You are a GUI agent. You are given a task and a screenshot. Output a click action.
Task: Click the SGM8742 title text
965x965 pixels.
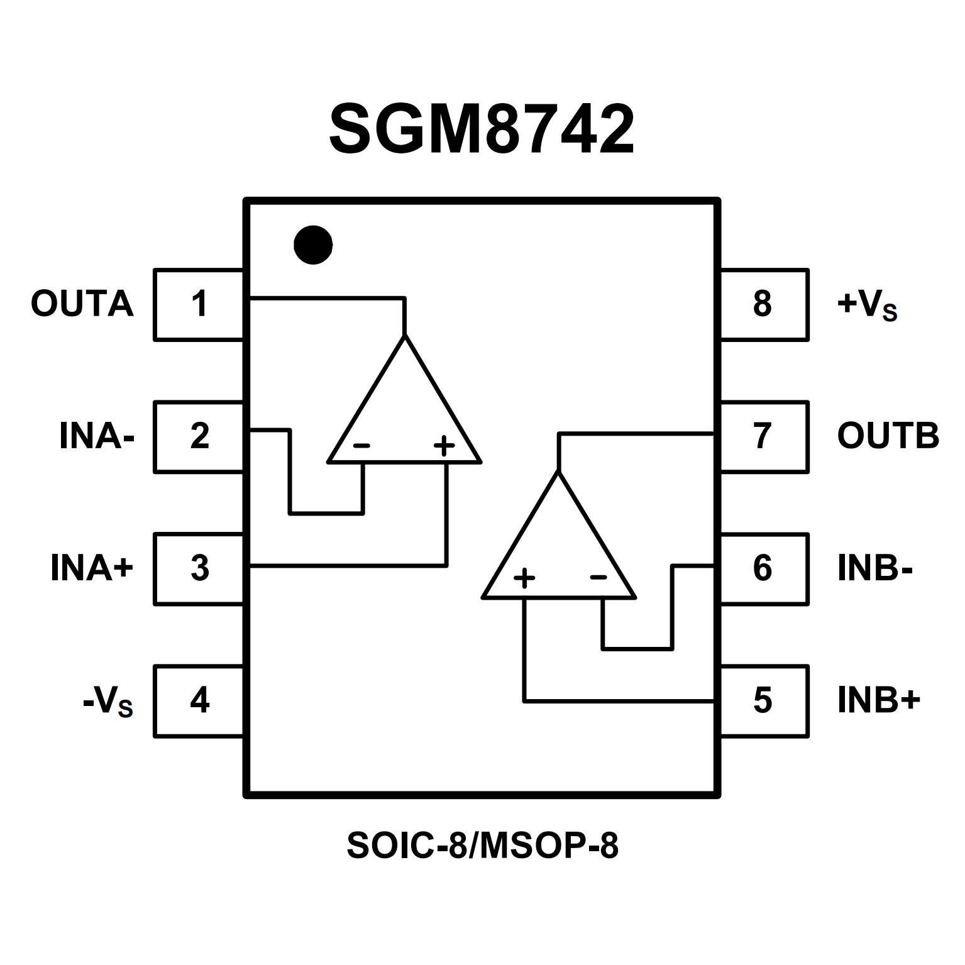pos(482,130)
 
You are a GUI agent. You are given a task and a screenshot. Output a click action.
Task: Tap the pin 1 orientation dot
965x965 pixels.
pos(313,245)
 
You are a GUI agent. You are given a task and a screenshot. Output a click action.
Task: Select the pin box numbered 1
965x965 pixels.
pos(199,305)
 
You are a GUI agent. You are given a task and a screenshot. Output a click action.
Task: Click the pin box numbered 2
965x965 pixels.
pos(199,436)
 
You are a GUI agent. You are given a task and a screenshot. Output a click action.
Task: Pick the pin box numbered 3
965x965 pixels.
pos(199,569)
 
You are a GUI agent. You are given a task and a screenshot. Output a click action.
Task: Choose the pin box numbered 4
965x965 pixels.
pos(199,700)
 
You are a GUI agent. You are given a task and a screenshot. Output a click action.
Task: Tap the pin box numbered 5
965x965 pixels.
pos(763,700)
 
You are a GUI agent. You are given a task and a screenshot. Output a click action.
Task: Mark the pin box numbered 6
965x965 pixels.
pos(763,569)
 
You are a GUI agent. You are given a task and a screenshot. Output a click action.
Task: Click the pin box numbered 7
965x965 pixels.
pos(763,436)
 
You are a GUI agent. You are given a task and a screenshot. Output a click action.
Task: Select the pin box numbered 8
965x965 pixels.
pos(763,305)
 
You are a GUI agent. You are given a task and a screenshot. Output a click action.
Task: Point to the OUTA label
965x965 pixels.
pos(82,304)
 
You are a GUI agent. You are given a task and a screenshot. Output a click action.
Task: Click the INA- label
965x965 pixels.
pos(97,436)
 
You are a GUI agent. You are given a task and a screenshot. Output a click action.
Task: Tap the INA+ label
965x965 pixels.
pos(92,568)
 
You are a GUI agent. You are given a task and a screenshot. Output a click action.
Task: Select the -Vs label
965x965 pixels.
pos(108,702)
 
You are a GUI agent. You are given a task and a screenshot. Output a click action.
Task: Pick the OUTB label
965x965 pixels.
pos(888,436)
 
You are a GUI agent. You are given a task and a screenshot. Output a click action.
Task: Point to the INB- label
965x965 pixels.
pos(874,568)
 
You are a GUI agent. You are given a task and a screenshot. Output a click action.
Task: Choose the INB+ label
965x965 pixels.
pos(879,700)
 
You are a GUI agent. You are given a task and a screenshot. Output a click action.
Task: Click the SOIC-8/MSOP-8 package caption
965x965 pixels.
pos(482,846)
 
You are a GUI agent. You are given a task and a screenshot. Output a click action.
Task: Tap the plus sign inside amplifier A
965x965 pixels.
pos(444,446)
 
